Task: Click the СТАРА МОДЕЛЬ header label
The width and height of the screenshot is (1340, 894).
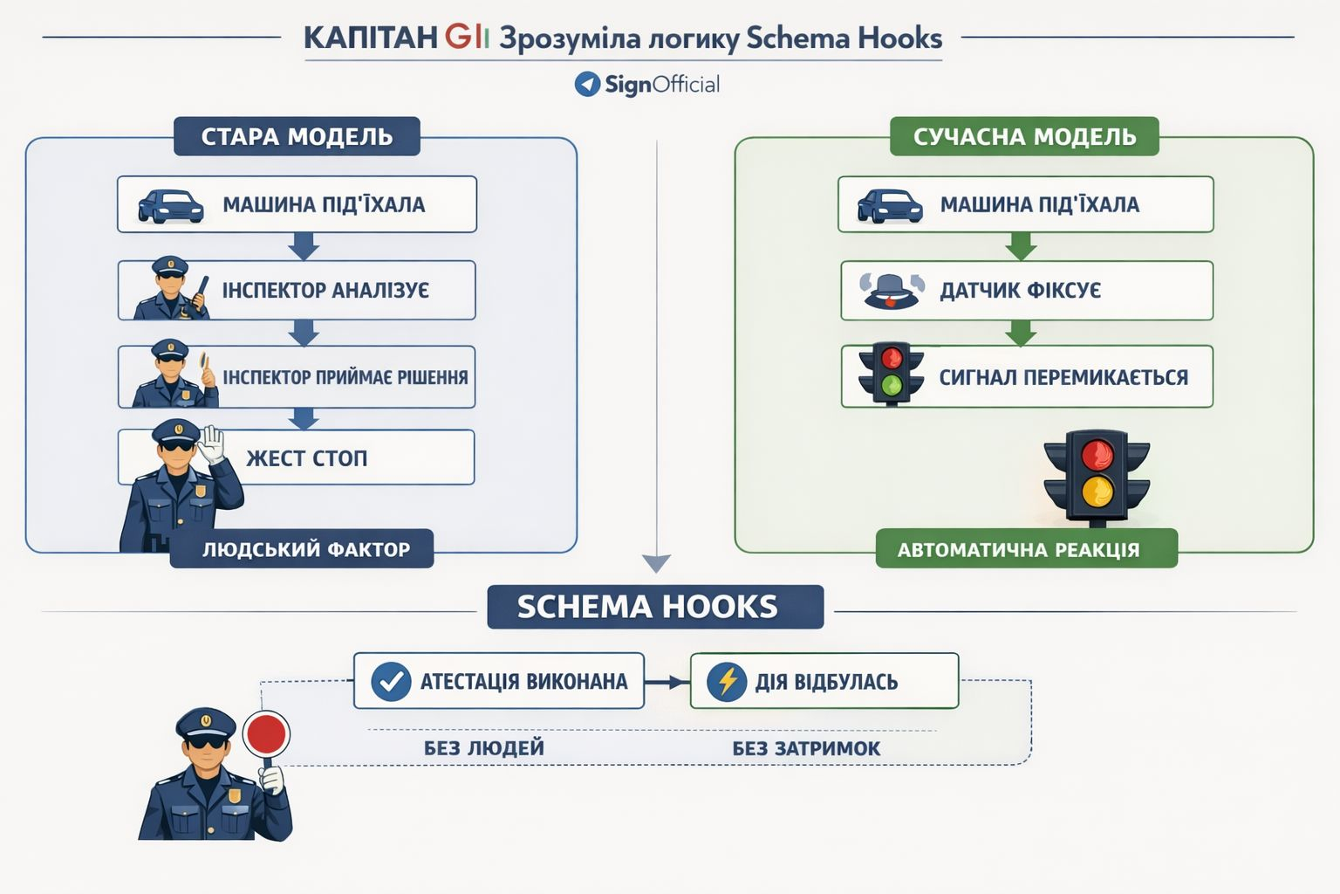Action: coord(297,137)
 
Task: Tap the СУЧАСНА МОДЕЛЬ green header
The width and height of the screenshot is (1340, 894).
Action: coord(1024,137)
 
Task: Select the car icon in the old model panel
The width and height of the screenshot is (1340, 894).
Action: coord(171,206)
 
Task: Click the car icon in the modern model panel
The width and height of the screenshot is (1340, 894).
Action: coord(889,206)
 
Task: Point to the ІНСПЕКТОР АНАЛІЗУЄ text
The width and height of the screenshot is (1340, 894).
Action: coord(325,291)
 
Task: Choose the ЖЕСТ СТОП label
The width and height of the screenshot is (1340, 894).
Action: coord(306,458)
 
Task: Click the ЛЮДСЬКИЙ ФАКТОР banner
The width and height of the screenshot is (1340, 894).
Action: coord(305,549)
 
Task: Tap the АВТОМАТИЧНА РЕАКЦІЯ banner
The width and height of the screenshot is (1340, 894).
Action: coord(1018,550)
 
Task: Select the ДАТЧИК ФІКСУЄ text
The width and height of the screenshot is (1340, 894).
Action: coord(1020,291)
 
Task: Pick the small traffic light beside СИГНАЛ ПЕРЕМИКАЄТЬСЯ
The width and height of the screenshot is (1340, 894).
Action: coord(891,373)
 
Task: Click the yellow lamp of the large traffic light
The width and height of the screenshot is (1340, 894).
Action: coord(1097,491)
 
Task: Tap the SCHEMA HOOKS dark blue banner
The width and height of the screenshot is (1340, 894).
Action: coord(647,607)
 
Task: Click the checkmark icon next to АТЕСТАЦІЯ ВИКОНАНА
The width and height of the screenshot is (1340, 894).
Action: coord(391,681)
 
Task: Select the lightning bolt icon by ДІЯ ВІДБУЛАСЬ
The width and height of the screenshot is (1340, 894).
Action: coord(727,681)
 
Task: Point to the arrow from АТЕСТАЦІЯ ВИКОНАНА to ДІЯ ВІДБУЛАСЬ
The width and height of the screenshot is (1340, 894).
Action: coord(667,682)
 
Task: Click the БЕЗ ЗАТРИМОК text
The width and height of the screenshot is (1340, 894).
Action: coord(806,748)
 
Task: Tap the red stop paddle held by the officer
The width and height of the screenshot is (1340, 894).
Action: coord(266,733)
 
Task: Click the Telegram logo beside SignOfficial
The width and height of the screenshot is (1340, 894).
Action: coord(587,84)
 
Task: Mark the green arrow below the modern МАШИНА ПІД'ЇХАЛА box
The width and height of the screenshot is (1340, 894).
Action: coord(1021,247)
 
